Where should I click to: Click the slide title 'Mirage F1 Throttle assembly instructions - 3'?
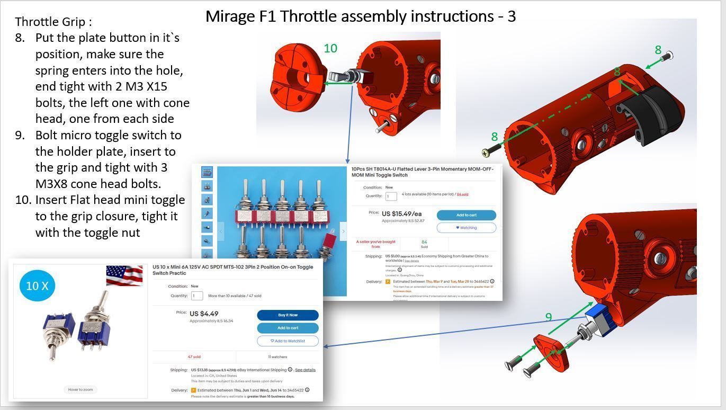click(x=360, y=16)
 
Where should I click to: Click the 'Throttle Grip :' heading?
click(x=53, y=22)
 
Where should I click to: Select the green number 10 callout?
click(x=330, y=48)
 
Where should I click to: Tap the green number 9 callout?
click(x=549, y=317)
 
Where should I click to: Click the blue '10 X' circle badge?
click(x=37, y=286)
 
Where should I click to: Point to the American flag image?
click(x=124, y=275)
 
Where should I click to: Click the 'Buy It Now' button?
click(x=288, y=315)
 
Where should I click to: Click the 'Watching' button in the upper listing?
click(x=466, y=228)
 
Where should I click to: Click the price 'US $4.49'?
click(x=204, y=314)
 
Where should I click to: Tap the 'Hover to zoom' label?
click(x=80, y=389)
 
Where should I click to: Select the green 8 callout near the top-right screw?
click(x=658, y=50)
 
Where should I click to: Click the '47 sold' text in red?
click(x=194, y=357)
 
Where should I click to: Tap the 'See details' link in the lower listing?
click(x=305, y=370)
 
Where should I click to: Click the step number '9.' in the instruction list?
click(x=20, y=135)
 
